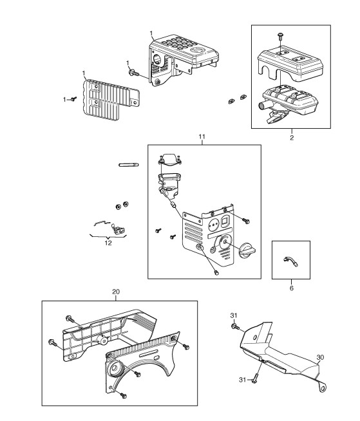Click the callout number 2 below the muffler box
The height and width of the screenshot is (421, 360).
coord(292,138)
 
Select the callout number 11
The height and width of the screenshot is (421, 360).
coord(202,136)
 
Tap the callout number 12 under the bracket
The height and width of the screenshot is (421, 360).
coord(108,243)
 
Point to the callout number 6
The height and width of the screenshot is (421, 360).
coord(292,288)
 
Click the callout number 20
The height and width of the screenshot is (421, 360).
coord(116,292)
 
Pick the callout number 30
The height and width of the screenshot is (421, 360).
coord(320,357)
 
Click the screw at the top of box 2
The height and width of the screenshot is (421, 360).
coord(280,36)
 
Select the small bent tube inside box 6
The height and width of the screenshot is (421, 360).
coord(290,261)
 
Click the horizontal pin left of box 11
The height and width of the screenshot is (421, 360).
coord(129,165)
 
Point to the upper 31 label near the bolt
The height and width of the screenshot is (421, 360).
coord(234,315)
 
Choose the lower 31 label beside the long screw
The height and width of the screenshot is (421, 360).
coord(243,380)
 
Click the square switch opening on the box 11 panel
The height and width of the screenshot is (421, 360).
coord(225,221)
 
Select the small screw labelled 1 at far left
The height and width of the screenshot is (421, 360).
coord(74,98)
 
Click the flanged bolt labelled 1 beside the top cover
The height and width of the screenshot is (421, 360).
coord(134,73)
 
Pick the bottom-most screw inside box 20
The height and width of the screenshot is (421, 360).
coord(123,395)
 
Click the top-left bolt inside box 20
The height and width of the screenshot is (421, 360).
coord(70,319)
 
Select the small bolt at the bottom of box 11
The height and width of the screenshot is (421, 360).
coord(216,273)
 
